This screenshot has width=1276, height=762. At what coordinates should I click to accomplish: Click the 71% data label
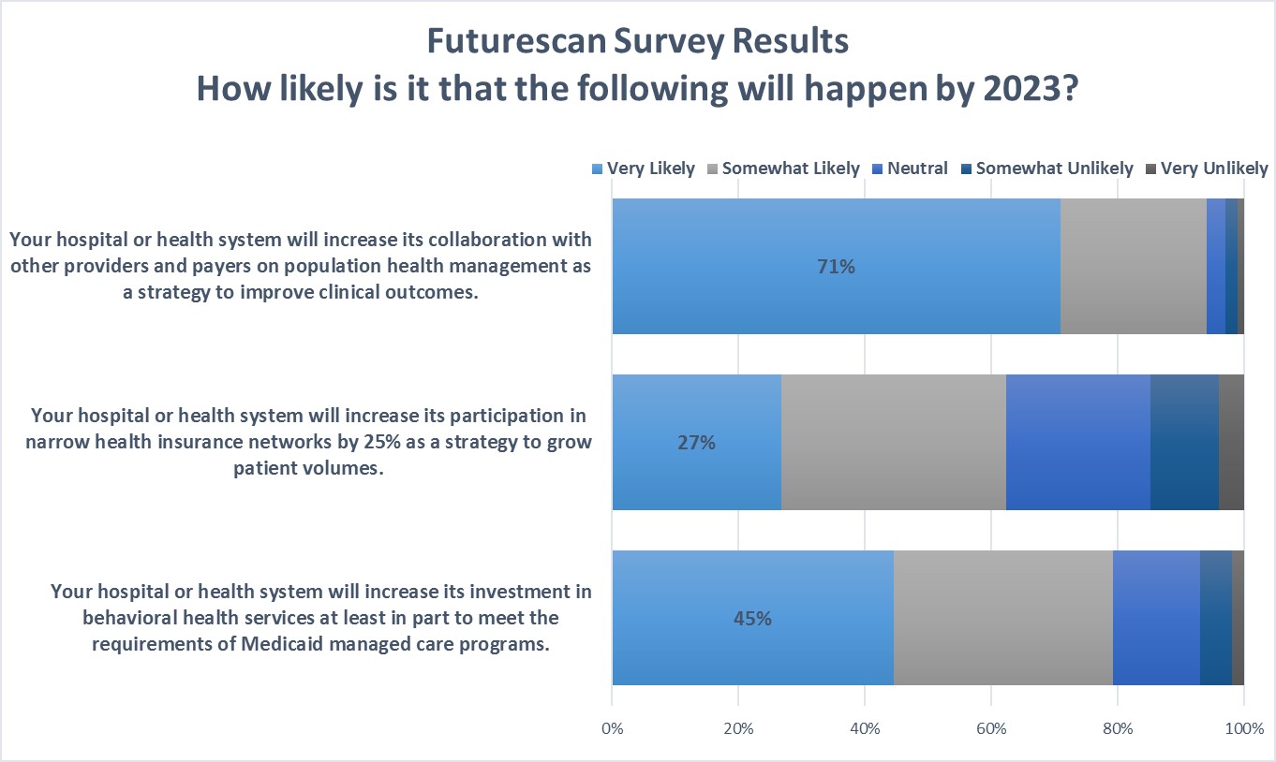point(836,267)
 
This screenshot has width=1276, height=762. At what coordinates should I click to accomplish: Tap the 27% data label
point(696,443)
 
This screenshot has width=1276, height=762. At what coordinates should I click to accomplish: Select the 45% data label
point(752,619)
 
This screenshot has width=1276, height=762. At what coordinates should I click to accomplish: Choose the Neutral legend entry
point(913,169)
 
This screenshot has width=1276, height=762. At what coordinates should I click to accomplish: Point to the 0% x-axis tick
point(612,728)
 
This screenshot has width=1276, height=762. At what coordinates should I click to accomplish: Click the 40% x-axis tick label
point(865,728)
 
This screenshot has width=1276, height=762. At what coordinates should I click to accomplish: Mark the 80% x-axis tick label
point(1118,728)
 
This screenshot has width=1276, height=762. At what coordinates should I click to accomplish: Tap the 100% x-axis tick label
point(1243,728)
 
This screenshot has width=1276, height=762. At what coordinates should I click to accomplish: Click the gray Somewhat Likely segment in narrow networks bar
point(893,443)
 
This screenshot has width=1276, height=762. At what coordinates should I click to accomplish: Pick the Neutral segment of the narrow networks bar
point(1077,443)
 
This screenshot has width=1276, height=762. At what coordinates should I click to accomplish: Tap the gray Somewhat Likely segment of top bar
point(1133,267)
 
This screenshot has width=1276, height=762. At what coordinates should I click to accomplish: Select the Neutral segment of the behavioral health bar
point(1156,619)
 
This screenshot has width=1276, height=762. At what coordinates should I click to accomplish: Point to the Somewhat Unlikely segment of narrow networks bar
point(1184,443)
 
